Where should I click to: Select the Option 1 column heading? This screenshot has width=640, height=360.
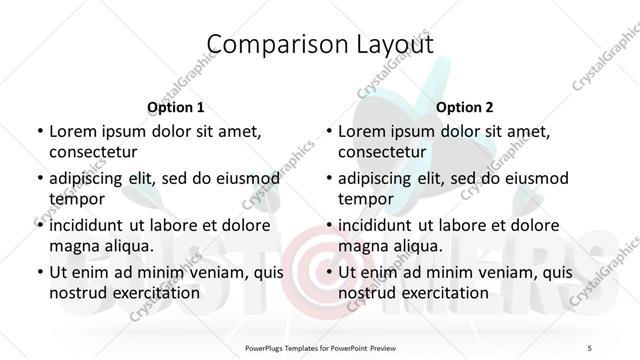tap(175, 107)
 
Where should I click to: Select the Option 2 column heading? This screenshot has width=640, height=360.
tap(465, 107)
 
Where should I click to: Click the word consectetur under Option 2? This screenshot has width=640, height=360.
tap(382, 152)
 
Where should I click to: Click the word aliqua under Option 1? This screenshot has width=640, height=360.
tap(126, 245)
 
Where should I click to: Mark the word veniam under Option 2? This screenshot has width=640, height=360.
tap(502, 272)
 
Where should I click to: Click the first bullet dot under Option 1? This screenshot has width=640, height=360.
tap(39, 131)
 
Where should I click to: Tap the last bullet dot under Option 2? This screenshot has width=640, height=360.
tap(329, 272)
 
